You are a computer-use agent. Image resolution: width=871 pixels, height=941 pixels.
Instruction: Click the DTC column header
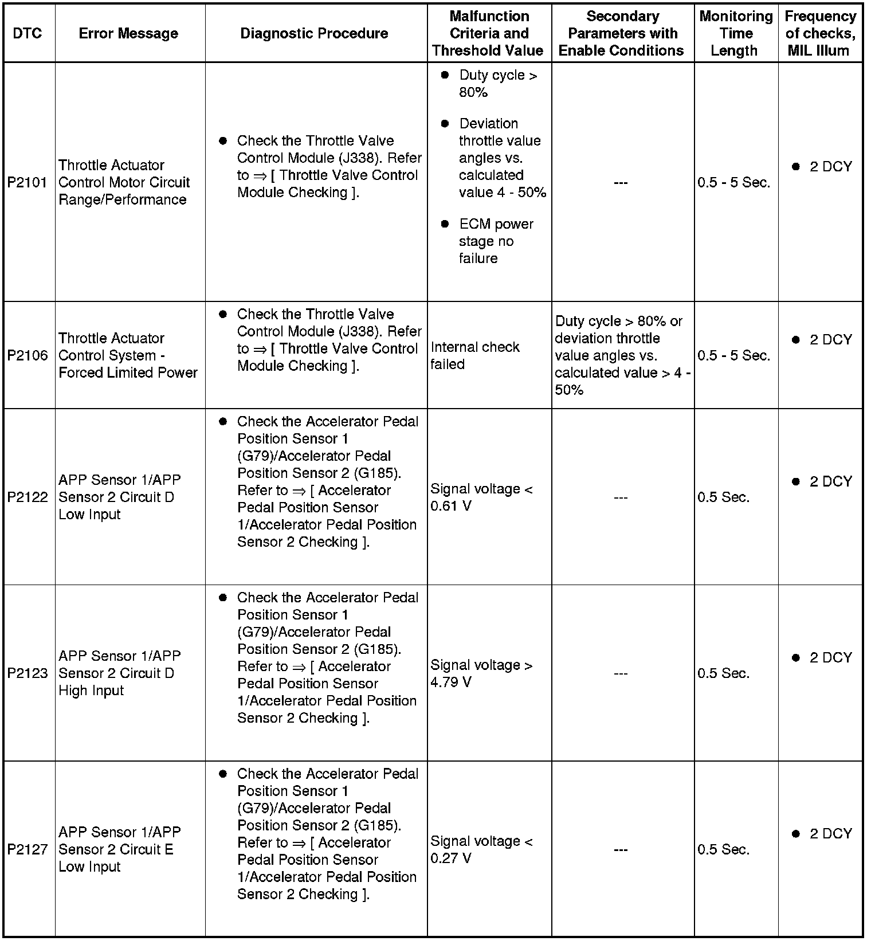pos(28,33)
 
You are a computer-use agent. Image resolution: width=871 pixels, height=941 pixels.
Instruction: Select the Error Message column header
pos(128,33)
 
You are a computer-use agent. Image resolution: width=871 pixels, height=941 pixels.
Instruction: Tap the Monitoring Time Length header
pos(736,33)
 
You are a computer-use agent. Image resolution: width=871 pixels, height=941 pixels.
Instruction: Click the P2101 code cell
pos(28,183)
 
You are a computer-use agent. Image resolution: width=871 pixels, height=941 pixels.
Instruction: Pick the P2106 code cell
pos(28,356)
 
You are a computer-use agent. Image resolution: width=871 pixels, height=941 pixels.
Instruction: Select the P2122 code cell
pos(28,497)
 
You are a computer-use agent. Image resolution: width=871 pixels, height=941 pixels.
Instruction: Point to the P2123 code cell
pos(28,673)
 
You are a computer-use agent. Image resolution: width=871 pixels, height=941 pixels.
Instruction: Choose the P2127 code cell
pos(28,849)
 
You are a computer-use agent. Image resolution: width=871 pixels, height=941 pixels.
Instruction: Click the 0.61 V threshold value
pos(451,507)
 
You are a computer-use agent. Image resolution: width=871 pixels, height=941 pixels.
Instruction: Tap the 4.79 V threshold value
pos(451,683)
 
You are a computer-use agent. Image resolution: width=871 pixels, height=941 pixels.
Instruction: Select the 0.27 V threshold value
pos(451,858)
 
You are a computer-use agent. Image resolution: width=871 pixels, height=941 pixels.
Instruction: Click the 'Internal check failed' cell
pos(474,356)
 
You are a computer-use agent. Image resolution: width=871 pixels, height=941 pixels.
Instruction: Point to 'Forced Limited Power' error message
pos(128,373)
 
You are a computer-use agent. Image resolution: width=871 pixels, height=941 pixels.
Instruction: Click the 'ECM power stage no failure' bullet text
pos(496,241)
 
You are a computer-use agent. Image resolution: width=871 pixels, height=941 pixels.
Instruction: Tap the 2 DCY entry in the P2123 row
pos(830,658)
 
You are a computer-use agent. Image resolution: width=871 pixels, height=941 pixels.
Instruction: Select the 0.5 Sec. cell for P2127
pos(723,849)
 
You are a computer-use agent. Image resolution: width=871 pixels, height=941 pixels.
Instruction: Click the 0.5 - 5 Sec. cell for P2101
pos(733,183)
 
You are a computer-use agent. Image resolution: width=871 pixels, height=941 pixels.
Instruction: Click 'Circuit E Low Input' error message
pos(116,858)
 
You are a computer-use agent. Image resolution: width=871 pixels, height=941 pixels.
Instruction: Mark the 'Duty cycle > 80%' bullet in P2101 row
pos(497,84)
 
